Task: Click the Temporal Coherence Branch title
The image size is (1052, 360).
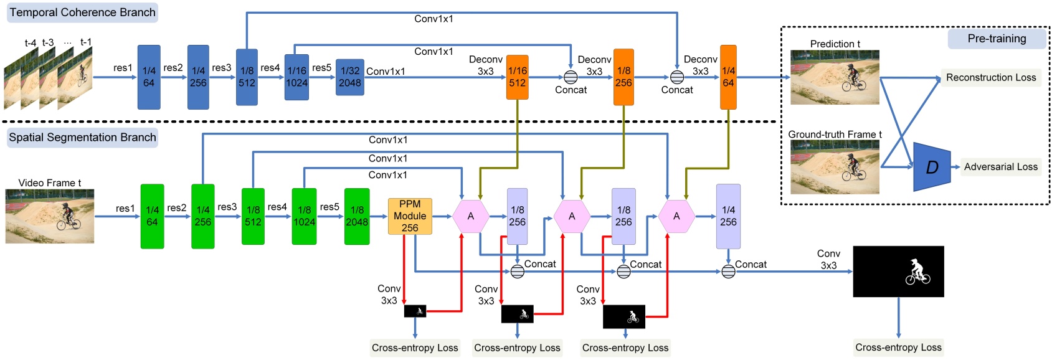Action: pos(82,12)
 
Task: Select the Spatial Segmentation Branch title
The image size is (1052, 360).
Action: pos(82,138)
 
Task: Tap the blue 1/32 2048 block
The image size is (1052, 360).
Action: pos(350,77)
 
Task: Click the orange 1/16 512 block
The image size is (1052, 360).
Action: pos(517,77)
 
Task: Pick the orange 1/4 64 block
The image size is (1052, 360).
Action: pos(728,77)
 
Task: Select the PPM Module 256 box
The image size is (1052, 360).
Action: pos(410,216)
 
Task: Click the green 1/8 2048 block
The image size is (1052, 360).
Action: pos(357,216)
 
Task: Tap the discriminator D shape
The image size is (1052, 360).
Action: pos(932,167)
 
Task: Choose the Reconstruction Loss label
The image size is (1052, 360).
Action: pos(990,78)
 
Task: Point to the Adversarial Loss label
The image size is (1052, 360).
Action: pos(1000,167)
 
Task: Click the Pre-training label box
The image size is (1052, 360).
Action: pos(997,39)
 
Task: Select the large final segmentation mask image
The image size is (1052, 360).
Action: pos(898,271)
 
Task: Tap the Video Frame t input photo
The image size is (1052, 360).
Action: pos(50,216)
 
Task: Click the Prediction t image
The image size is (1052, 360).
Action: pos(835,77)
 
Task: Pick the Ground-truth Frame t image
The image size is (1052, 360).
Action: pos(835,167)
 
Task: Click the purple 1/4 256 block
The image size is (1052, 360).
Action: pos(728,216)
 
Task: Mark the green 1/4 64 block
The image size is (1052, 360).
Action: pos(152,216)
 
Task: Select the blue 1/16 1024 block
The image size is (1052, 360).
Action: pos(296,77)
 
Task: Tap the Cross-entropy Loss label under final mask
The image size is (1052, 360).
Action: pos(898,348)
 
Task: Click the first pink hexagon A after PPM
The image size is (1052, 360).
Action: pos(470,216)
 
